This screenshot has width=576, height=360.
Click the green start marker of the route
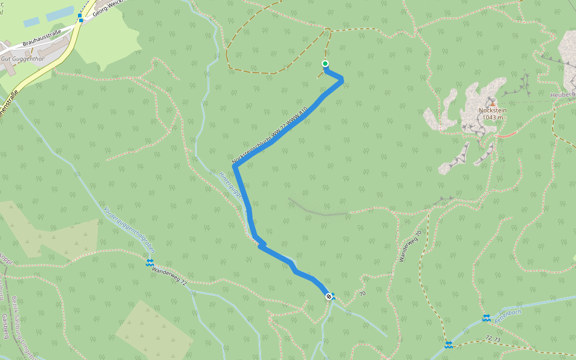pyautogui.click(x=325, y=64)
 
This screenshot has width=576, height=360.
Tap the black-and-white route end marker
pyautogui.click(x=329, y=296)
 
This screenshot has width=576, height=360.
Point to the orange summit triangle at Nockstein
pyautogui.click(x=492, y=104)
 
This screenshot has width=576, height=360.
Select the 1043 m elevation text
pyautogui.click(x=492, y=118)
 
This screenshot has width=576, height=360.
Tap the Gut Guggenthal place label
pyautogui.click(x=24, y=59)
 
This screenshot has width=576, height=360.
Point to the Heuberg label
pyautogui.click(x=563, y=95)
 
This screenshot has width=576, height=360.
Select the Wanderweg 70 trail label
pyautogui.click(x=410, y=246)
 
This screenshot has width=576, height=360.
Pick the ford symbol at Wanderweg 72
pyautogui.click(x=150, y=263)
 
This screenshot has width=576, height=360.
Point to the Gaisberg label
pyautogui.click(x=5, y=324)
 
